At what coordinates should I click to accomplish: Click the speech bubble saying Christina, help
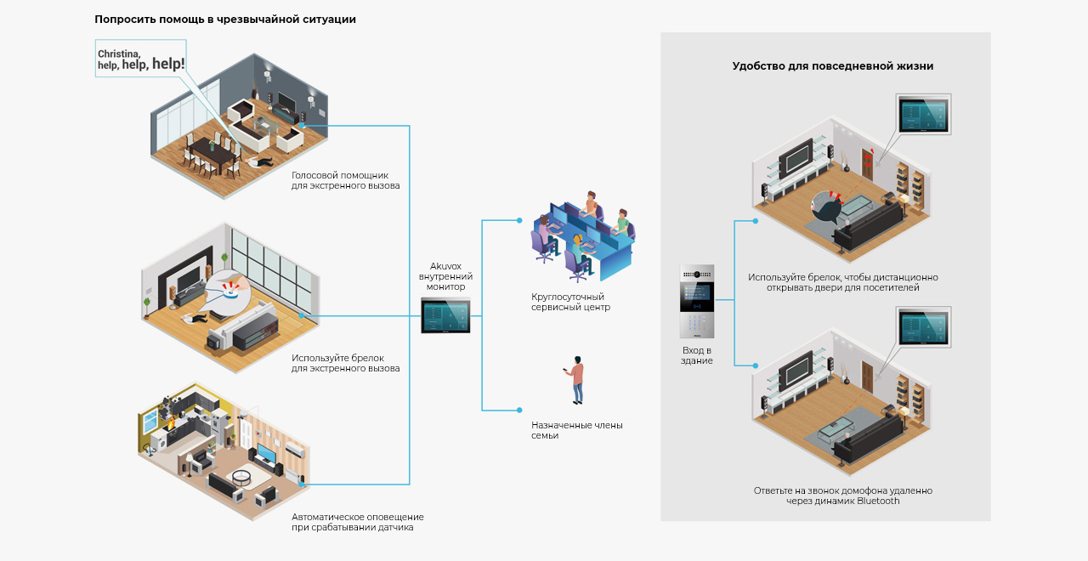[x=140, y=59]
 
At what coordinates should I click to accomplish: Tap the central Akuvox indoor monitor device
[x=445, y=316]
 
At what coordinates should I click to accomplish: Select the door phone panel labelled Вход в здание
[x=696, y=301]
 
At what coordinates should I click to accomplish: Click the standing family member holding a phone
[x=576, y=380]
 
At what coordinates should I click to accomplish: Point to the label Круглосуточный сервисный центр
[x=570, y=302]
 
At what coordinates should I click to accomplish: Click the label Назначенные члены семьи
[x=576, y=430]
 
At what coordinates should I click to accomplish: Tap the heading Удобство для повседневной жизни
[x=832, y=66]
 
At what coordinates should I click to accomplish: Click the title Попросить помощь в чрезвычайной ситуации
[x=225, y=20]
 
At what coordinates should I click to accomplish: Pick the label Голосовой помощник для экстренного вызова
[x=345, y=180]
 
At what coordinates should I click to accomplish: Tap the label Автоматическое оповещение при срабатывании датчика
[x=358, y=522]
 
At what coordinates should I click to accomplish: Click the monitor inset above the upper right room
[x=923, y=114]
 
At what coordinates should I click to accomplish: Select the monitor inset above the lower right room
[x=923, y=327]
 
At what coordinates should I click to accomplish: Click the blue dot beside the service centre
[x=519, y=220]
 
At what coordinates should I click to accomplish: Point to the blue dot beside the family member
[x=519, y=410]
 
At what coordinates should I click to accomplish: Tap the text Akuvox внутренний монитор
[x=445, y=276]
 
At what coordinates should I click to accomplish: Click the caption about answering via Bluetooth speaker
[x=842, y=496]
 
